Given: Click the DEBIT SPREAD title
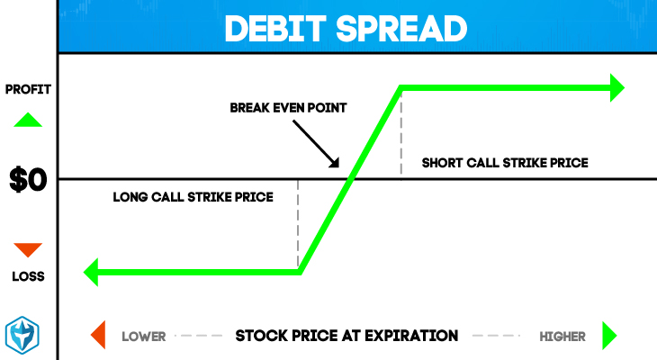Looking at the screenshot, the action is [346, 29].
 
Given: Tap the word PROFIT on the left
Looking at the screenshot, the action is [28, 89].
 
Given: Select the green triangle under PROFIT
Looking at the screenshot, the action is [28, 120].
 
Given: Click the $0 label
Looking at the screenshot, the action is [28, 179].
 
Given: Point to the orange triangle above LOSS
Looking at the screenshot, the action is [28, 249].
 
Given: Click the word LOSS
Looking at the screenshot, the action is [28, 276].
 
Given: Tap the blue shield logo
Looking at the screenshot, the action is [22, 336].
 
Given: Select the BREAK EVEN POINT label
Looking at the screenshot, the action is [288, 108].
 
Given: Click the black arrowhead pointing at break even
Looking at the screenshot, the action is [335, 163].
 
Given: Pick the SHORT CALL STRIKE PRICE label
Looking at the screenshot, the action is [505, 163].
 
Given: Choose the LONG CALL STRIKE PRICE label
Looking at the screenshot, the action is [193, 197].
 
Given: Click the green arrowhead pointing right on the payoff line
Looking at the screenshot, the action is [616, 87].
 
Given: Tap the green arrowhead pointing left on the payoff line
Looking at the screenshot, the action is [91, 272].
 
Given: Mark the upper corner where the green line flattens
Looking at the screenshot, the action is [401, 88].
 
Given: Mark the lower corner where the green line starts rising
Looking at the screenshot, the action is [300, 272].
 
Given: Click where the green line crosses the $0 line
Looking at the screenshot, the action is [351, 179].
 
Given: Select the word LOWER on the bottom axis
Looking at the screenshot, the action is [144, 337].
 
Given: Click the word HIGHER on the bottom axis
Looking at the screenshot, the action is [562, 337].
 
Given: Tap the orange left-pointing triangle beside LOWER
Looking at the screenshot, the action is [99, 335].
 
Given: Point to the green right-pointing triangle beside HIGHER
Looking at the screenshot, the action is [609, 336].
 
